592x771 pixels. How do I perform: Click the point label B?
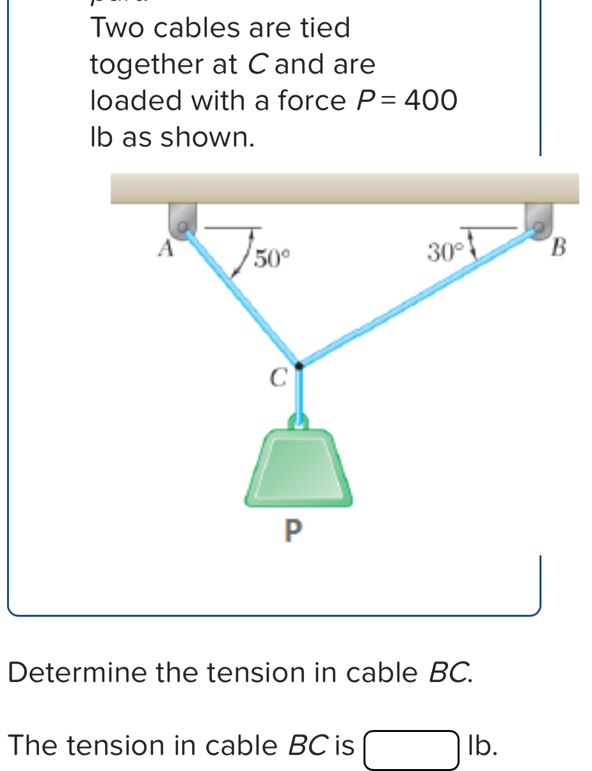559,247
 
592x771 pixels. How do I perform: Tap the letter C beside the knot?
277,378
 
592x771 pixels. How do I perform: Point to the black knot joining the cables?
298,365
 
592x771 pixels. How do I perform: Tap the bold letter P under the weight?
291,532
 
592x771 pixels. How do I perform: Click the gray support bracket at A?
181,219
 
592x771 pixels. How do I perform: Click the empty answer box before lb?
412,750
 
